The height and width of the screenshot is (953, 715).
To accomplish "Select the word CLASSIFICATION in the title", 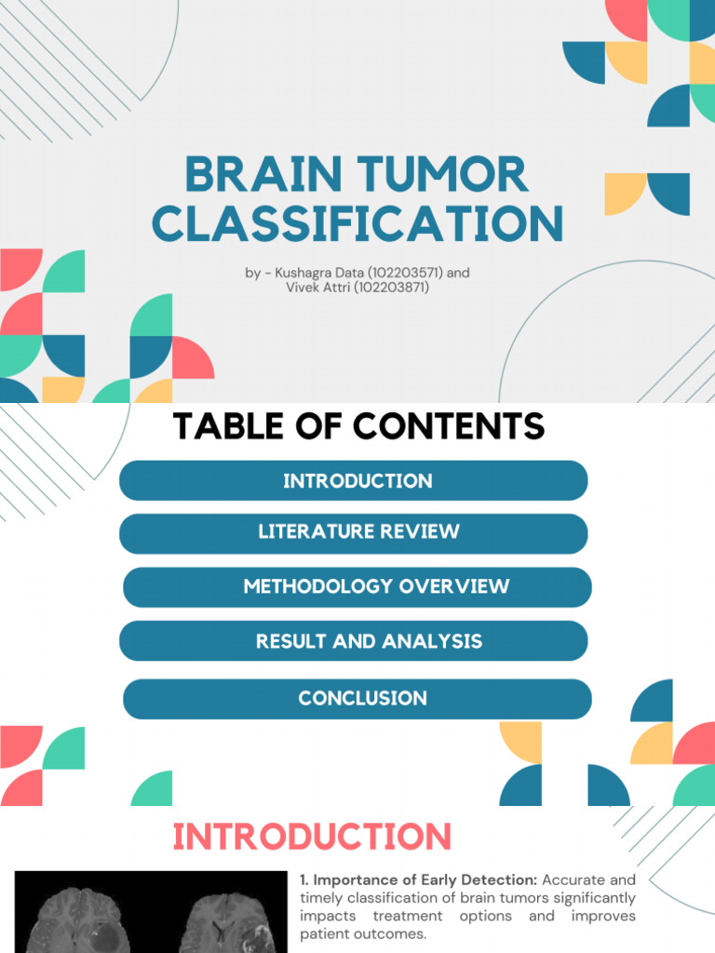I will click(357, 223).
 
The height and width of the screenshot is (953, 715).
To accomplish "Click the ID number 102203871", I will click(378, 288).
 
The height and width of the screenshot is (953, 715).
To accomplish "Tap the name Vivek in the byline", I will click(302, 288).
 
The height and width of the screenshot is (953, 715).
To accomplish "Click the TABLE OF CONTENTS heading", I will click(358, 426).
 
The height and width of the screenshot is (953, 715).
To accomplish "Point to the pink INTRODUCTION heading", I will click(313, 836).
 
